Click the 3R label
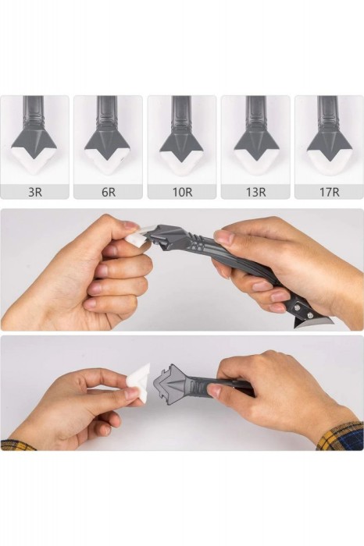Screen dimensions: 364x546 (x=35, y=192)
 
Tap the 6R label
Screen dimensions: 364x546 (x=109, y=192)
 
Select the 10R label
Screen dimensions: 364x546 (x=182, y=192)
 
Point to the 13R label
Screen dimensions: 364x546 (x=255, y=192)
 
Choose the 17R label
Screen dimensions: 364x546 (x=329, y=192)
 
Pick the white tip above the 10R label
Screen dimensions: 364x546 (x=181, y=164)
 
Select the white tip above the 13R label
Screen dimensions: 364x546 (x=256, y=163)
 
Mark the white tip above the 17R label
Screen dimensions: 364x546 (x=329, y=164)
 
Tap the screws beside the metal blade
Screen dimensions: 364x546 (x=303, y=311)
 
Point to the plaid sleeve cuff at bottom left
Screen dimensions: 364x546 (x=18, y=445)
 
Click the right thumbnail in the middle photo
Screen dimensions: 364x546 (x=224, y=238)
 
